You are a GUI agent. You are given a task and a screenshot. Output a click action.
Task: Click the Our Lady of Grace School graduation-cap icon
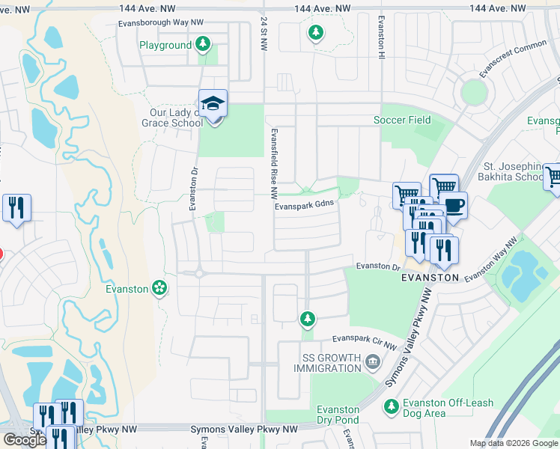tap(213, 104)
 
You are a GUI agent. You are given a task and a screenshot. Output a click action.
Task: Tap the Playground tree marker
tap(202, 45)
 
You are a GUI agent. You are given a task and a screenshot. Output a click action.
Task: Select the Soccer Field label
tap(402, 120)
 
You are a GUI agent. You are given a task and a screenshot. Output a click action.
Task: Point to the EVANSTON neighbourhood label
tap(429, 277)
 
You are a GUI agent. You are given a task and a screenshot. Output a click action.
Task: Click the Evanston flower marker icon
tap(159, 288)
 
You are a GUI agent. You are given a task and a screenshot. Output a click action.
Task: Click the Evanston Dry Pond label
tap(338, 415)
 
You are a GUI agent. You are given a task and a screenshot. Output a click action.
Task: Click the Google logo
tap(25, 440)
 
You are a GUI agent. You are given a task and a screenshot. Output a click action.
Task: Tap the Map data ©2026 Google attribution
tap(513, 443)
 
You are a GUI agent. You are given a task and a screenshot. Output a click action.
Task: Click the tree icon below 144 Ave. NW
tap(316, 32)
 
